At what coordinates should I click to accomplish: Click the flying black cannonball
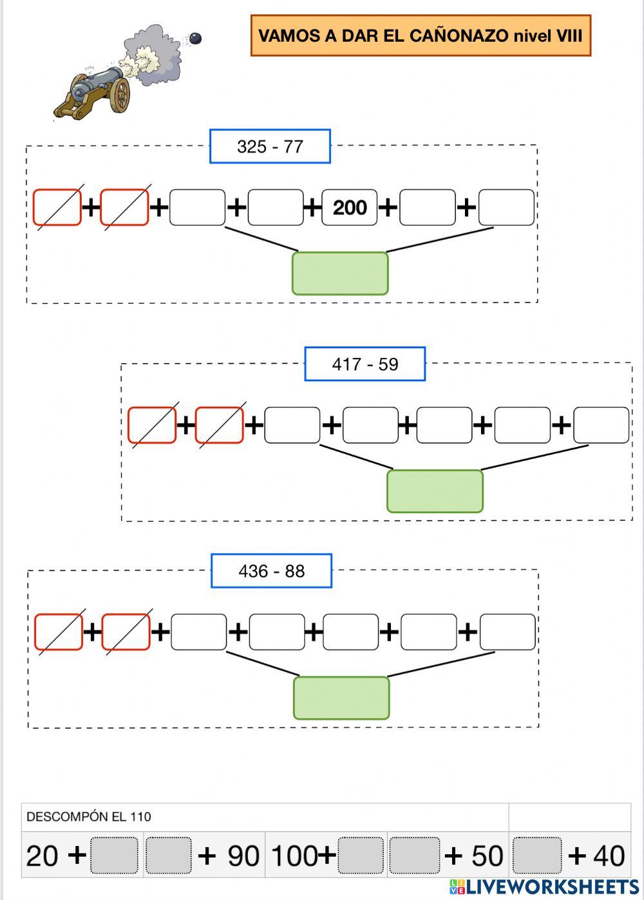(195, 39)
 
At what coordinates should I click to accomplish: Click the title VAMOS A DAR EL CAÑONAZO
(420, 36)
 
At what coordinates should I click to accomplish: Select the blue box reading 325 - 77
(270, 147)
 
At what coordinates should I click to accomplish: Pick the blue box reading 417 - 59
(365, 364)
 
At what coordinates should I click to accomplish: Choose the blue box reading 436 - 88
(271, 571)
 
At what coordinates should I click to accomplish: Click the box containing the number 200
(350, 207)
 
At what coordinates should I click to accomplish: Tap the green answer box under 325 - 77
(340, 274)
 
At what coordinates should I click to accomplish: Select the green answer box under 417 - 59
(435, 491)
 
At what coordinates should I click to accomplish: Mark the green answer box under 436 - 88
(341, 698)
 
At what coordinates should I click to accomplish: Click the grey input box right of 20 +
(115, 856)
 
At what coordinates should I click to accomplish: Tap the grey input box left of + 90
(168, 856)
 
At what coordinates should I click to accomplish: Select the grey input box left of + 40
(538, 856)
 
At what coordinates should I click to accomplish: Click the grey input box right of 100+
(361, 856)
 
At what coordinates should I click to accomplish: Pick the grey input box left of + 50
(415, 856)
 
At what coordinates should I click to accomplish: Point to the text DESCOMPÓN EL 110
(89, 817)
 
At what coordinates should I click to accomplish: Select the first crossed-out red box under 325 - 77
(57, 207)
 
